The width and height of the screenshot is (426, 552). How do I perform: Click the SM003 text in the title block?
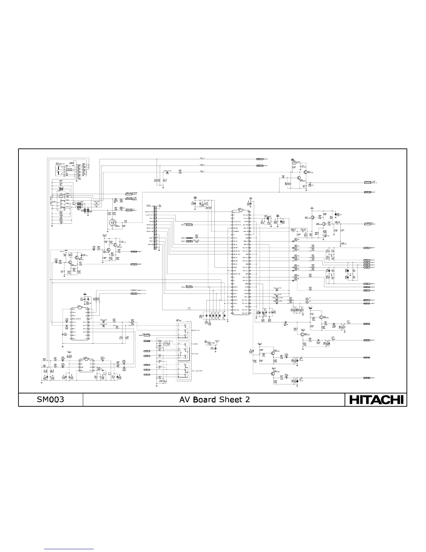50,400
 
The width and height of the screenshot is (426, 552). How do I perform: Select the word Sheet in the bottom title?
231,400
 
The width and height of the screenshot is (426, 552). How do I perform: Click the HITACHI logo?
376,400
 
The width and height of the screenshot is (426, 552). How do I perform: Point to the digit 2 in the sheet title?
247,400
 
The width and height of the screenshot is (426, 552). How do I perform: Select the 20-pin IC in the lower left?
79,324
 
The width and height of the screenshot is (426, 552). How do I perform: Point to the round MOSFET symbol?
113,223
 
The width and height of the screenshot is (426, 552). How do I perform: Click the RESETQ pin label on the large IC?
236,287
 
